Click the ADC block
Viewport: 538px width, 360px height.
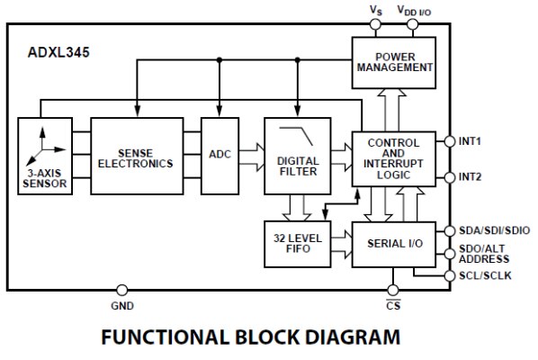[x=220, y=156]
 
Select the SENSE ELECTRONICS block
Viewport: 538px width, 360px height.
[x=137, y=156]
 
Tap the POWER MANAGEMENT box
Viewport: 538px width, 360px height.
[x=394, y=63]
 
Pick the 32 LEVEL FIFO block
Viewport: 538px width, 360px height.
[x=298, y=244]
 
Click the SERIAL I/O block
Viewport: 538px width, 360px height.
[x=394, y=244]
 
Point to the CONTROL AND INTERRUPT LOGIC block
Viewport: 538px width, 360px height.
[x=394, y=159]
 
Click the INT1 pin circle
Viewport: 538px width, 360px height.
[x=450, y=141]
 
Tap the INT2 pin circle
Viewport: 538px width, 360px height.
[x=450, y=177]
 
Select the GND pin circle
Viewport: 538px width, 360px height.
[x=121, y=291]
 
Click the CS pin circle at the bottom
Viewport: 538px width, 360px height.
[x=393, y=291]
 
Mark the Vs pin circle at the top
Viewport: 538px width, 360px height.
[x=375, y=24]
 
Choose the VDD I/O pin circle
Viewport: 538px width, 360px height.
[x=412, y=24]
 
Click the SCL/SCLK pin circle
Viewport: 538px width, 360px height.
[x=450, y=275]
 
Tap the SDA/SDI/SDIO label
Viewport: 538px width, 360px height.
[x=495, y=230]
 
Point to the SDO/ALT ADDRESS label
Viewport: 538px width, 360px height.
[x=484, y=254]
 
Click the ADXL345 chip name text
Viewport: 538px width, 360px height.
[x=58, y=52]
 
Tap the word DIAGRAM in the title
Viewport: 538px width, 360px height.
[x=353, y=337]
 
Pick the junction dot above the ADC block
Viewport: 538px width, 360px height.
[x=220, y=60]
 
